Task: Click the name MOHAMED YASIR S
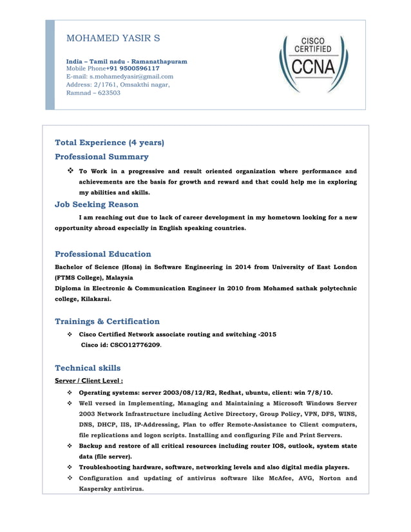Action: coord(113,39)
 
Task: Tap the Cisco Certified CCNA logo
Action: coord(313,63)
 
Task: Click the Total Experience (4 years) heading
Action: coord(110,142)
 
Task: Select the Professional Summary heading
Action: coord(102,157)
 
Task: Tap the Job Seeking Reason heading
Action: coord(97,205)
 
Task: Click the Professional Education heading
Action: coord(103,254)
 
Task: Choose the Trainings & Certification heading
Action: coord(107,321)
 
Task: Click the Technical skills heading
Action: coord(88,368)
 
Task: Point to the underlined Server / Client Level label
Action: coord(88,381)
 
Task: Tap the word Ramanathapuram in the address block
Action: coord(157,61)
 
